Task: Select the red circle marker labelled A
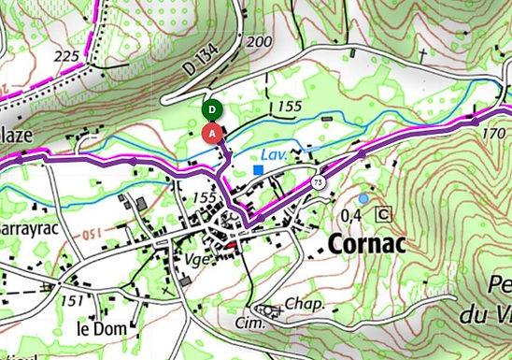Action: (213, 133)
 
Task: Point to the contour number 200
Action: (259, 42)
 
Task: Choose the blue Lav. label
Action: (274, 151)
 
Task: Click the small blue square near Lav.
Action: (258, 169)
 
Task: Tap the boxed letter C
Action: (382, 214)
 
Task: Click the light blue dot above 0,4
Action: (363, 198)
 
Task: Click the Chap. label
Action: (305, 305)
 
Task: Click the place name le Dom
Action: (102, 328)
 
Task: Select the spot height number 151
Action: (70, 301)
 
